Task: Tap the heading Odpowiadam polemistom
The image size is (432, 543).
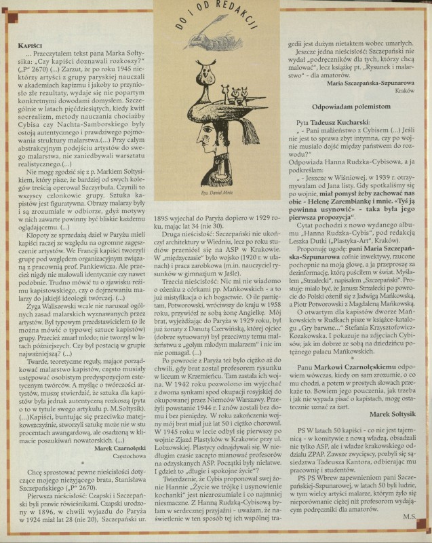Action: (348, 107)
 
